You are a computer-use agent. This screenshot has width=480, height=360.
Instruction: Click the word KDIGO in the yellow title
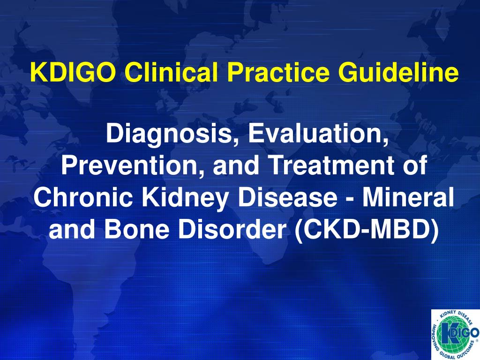[73, 72]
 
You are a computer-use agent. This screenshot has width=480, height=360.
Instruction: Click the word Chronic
[84, 197]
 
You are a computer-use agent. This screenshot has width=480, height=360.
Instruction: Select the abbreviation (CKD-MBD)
[367, 229]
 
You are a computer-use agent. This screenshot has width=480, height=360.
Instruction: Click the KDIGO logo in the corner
[454, 334]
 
